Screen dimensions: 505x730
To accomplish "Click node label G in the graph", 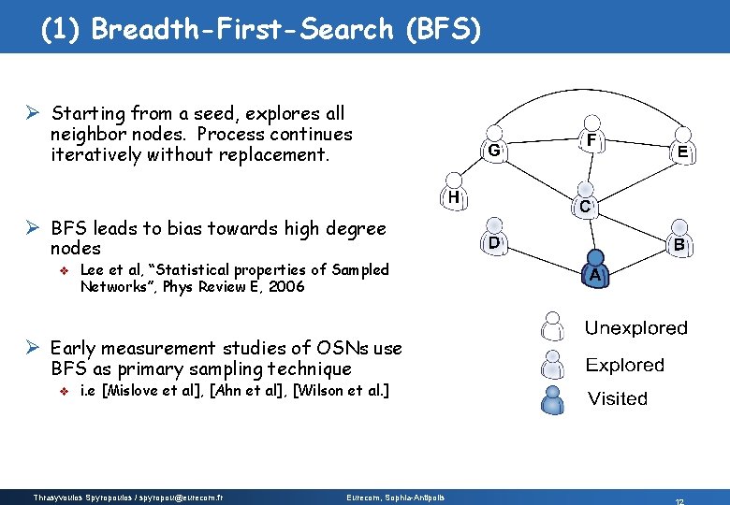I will tap(495, 150).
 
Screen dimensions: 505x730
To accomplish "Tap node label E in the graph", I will tap(683, 151).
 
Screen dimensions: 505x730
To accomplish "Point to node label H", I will tap(452, 197).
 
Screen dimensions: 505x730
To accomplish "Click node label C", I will tap(584, 206).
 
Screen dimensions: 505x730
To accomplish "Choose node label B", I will tap(679, 246).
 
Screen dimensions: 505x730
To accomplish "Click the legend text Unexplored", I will tap(635, 328).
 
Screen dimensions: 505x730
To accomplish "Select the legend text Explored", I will tap(624, 365).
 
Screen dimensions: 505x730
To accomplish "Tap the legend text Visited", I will tap(617, 399).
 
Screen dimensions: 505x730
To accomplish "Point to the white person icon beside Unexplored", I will tap(553, 327).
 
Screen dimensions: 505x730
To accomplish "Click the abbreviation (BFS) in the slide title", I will tap(444, 30).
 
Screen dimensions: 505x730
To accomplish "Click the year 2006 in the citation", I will tap(285, 287).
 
